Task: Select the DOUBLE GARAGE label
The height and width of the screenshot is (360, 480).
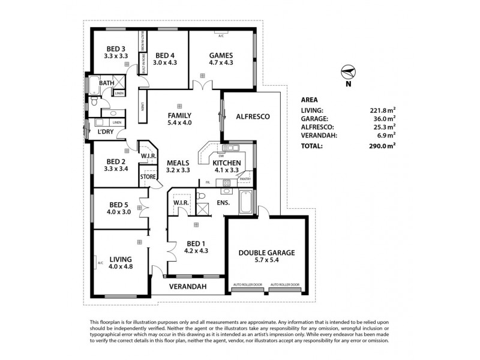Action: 267,253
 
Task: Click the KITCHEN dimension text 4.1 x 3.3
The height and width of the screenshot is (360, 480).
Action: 227,170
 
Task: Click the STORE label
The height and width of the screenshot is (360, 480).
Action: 148,177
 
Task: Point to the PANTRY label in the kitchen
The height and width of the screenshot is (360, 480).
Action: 244,178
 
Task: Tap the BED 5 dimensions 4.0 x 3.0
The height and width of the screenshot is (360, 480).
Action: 119,211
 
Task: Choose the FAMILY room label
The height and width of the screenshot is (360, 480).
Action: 179,115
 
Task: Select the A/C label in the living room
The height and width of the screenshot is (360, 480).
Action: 100,262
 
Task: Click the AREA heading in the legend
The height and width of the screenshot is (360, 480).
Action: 310,100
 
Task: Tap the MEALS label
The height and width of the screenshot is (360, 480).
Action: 179,163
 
